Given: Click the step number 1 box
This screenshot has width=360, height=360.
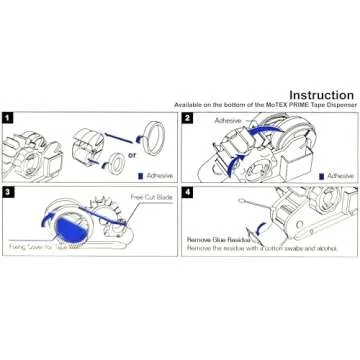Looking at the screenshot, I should (8, 118).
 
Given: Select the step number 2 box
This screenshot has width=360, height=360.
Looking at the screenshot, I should (187, 118).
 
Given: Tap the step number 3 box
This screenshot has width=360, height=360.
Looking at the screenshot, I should (8, 190).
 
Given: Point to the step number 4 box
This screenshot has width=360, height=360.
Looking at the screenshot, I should (187, 190).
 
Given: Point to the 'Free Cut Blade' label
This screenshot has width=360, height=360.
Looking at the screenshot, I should (150, 198).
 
